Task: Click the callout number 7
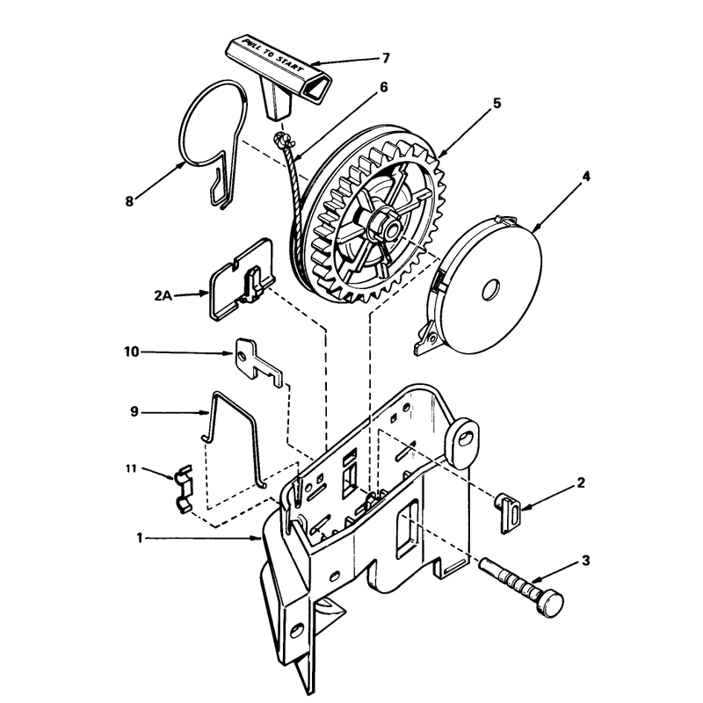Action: [386, 58]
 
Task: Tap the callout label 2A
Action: [163, 296]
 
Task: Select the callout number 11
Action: [130, 469]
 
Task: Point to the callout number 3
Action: [585, 561]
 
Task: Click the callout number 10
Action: [132, 352]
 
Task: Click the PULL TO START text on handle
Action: [272, 57]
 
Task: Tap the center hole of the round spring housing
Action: [491, 290]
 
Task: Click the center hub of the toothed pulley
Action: [387, 226]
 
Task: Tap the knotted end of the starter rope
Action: [282, 141]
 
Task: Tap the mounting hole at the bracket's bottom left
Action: [296, 631]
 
